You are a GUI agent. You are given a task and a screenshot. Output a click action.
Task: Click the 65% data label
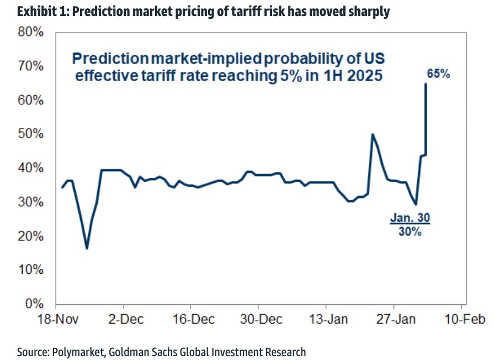tap(438, 73)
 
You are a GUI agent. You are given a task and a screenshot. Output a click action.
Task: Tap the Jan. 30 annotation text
tap(410, 218)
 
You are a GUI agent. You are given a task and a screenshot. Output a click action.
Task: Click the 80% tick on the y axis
tap(30, 32)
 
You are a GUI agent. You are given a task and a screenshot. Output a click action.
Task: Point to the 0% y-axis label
tap(34, 304)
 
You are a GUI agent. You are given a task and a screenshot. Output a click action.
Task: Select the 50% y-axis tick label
tap(30, 134)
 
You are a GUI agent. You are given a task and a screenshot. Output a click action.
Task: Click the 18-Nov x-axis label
tap(58, 319)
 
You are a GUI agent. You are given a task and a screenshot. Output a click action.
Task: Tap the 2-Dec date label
tap(126, 319)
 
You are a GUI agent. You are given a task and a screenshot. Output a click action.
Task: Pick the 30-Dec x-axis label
tap(261, 319)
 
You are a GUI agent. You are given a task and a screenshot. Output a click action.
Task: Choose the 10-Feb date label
tap(464, 319)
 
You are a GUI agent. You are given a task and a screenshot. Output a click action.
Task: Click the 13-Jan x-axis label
tap(328, 319)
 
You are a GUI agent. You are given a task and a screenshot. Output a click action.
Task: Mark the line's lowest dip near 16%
tap(87, 248)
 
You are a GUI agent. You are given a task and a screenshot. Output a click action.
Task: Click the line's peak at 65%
tap(426, 84)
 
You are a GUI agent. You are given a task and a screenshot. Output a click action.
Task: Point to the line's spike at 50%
tap(373, 135)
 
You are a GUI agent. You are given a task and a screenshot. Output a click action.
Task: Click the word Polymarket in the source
tap(78, 352)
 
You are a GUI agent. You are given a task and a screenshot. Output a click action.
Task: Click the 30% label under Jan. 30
tap(410, 231)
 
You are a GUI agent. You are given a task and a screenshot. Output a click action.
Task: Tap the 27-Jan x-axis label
tap(396, 319)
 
